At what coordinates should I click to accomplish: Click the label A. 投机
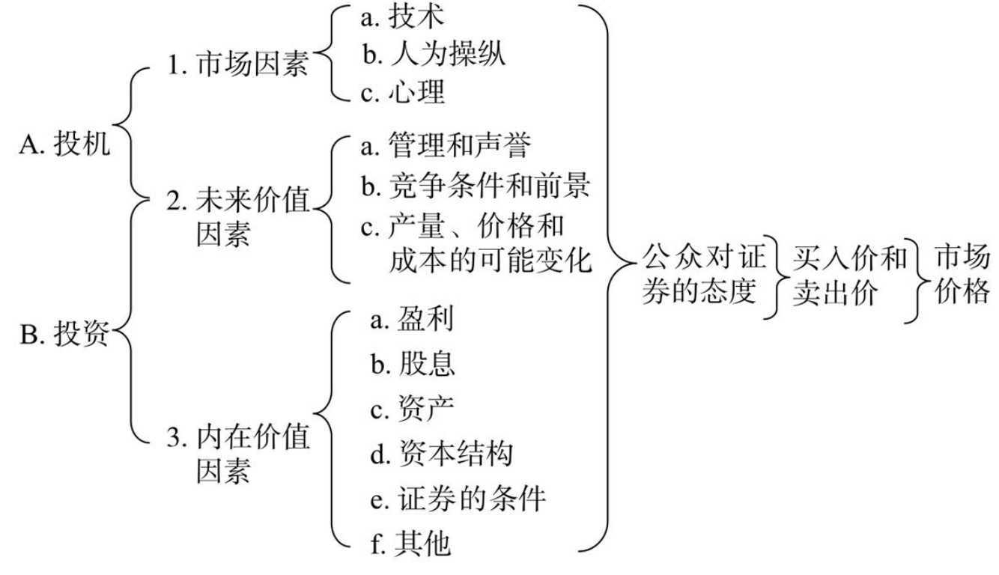click(x=64, y=144)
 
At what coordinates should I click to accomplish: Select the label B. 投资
click(x=64, y=333)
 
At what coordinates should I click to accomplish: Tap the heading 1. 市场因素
click(x=238, y=64)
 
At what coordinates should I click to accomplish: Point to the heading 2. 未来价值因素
click(x=238, y=216)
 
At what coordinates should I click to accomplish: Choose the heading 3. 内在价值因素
click(x=238, y=453)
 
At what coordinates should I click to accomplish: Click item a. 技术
click(x=403, y=17)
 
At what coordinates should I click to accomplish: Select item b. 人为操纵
click(x=434, y=55)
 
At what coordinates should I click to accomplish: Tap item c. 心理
click(x=403, y=92)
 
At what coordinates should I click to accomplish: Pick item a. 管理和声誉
click(x=446, y=144)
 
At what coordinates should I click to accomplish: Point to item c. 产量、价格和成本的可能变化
click(x=476, y=243)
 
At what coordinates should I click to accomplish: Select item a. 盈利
click(x=412, y=319)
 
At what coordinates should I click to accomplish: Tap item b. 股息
click(x=413, y=363)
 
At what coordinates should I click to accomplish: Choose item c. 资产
click(x=412, y=408)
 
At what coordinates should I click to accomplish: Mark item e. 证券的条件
click(x=458, y=499)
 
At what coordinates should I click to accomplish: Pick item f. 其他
click(x=410, y=543)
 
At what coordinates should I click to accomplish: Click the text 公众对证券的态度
click(x=704, y=274)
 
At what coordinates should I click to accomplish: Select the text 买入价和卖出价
click(x=850, y=276)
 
